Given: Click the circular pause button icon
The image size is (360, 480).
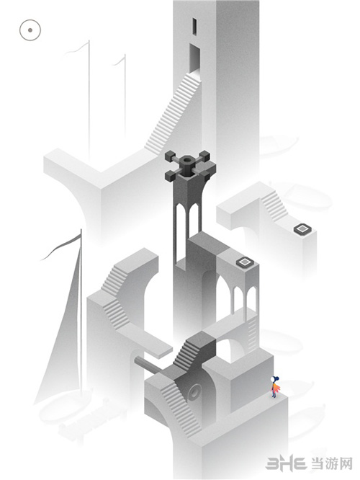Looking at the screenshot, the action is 30,30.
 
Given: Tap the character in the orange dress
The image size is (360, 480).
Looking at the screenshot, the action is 274,387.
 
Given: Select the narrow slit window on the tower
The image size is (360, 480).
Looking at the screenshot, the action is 194,27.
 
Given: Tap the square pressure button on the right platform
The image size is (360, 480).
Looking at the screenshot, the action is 302,228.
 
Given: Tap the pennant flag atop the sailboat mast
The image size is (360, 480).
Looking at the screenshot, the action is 61,246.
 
